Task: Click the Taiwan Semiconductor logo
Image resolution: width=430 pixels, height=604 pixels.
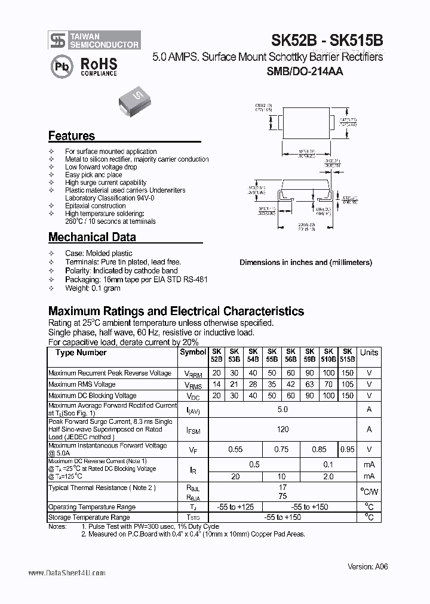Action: (x=94, y=40)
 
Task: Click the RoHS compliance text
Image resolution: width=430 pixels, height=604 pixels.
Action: (x=99, y=66)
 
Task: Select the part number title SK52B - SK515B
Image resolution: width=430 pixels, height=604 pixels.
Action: (x=327, y=40)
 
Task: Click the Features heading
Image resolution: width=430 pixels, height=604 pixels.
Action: (x=72, y=136)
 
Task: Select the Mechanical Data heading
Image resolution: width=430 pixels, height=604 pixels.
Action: (x=92, y=237)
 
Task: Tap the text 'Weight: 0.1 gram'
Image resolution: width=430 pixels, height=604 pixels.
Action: (x=93, y=288)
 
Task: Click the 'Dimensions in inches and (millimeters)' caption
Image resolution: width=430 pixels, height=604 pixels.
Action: (x=305, y=263)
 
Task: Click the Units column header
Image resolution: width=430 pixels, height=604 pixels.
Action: (x=369, y=353)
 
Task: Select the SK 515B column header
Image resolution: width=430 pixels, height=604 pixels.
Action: (x=347, y=356)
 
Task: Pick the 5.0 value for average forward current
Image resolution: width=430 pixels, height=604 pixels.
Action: (x=283, y=409)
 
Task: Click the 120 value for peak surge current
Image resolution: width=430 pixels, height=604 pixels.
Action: (x=283, y=429)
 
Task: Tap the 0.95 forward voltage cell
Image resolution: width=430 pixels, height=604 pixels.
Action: (x=347, y=449)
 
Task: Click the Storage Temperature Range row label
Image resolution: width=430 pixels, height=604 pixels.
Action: (x=89, y=517)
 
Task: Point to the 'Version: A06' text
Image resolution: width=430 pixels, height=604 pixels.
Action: (x=368, y=567)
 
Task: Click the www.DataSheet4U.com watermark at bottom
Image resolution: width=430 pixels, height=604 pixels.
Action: (x=67, y=573)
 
